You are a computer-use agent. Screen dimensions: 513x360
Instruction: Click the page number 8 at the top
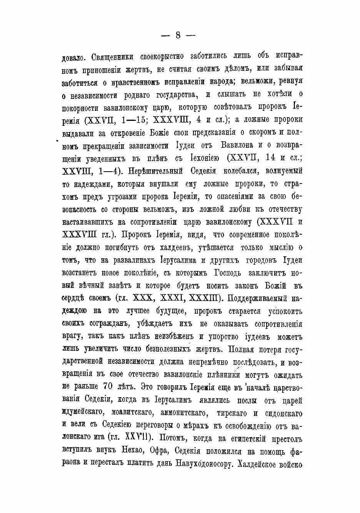178,35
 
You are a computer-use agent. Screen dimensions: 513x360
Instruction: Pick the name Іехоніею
205,158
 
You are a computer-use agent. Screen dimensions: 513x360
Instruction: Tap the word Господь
223,273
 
